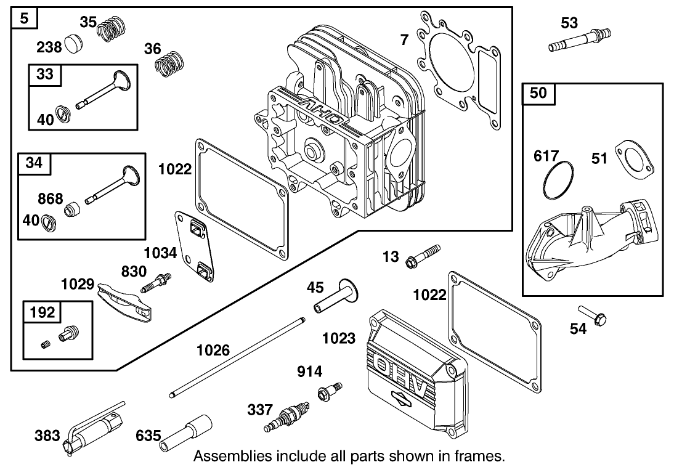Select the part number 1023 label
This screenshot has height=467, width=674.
(x=339, y=338)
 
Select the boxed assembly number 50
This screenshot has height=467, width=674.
(x=538, y=94)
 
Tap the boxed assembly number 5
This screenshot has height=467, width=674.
(x=24, y=18)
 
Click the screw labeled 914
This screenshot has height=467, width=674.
(x=328, y=391)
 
